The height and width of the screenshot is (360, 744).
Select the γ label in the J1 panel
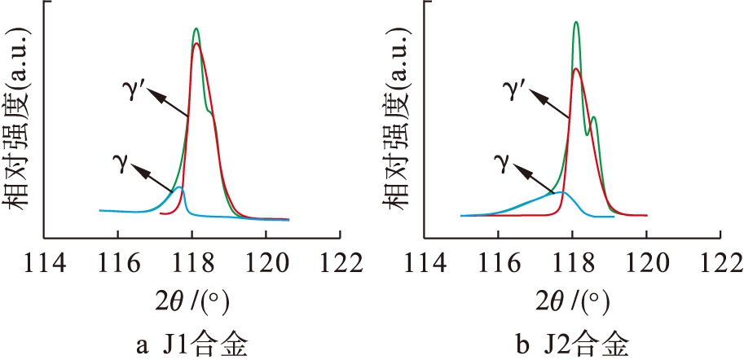tap(119, 160)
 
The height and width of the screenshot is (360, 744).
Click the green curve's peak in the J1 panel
tap(196, 29)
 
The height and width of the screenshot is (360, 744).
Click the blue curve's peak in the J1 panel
tap(179, 187)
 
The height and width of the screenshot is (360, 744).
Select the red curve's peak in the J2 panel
tap(576, 69)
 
